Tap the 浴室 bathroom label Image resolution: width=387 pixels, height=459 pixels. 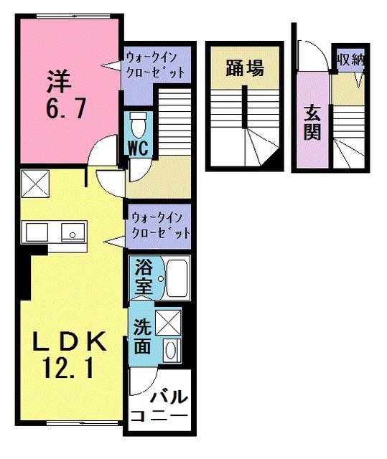pos(141,278)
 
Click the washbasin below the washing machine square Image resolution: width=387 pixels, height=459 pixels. pos(171,350)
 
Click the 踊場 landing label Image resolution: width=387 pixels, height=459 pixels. pos(243,69)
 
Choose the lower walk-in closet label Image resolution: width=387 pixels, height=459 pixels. pos(159,224)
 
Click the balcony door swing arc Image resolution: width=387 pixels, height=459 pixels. pos(140,383)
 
